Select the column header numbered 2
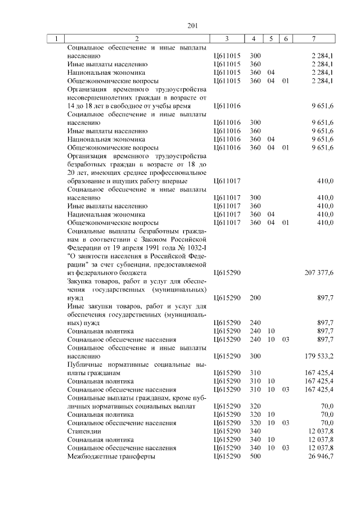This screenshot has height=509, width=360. pyautogui.click(x=137, y=39)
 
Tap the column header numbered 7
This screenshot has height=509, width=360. pyautogui.click(x=313, y=39)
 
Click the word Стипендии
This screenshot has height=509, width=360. pyautogui.click(x=83, y=431)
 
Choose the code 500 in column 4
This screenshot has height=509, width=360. pyautogui.click(x=255, y=457)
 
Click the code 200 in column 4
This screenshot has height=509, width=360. pyautogui.click(x=255, y=297)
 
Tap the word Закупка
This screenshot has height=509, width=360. pyautogui.click(x=80, y=280)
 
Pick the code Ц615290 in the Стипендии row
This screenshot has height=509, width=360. pyautogui.click(x=227, y=431)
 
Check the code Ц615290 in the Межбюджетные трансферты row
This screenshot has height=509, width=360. pyautogui.click(x=227, y=457)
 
